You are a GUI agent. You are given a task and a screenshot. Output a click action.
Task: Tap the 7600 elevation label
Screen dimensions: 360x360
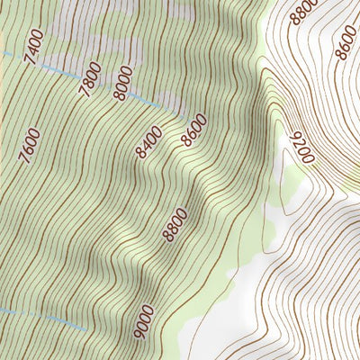(28, 148)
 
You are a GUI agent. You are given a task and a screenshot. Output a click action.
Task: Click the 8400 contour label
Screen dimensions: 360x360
(149, 142)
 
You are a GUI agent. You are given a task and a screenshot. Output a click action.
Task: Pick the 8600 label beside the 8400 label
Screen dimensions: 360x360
(193, 130)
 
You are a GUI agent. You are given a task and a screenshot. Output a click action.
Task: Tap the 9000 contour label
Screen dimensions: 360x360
(144, 321)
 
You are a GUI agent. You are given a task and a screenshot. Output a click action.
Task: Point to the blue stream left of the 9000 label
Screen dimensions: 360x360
(54, 316)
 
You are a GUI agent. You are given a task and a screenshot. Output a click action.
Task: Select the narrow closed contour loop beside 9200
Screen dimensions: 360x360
(286, 180)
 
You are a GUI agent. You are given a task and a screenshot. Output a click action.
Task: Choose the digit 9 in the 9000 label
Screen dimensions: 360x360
(139, 334)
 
